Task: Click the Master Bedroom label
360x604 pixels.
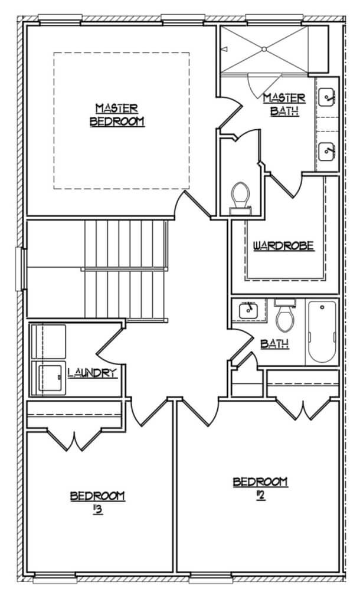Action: click(117, 115)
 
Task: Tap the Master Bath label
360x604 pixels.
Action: click(284, 104)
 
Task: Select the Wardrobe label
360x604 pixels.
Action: click(283, 246)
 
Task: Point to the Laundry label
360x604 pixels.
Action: click(92, 373)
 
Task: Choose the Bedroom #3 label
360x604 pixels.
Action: click(97, 503)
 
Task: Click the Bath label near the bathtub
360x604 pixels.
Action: click(275, 344)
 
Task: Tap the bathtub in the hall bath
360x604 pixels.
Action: click(322, 332)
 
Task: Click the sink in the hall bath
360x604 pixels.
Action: click(248, 310)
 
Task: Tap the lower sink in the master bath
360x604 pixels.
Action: click(327, 152)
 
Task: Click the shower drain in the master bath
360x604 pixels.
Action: click(264, 50)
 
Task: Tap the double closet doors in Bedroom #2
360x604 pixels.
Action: click(304, 409)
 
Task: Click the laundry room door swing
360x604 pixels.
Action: click(110, 344)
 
